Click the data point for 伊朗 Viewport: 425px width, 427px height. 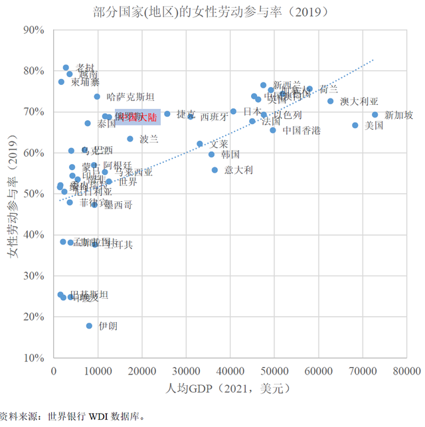(89, 325)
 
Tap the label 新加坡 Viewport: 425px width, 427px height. (398, 115)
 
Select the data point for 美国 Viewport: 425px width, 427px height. (355, 125)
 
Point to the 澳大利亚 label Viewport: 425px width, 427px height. (359, 102)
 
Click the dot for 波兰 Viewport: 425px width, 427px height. (130, 139)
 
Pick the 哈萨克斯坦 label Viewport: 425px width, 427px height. (130, 97)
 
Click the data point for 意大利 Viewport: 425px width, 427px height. (214, 170)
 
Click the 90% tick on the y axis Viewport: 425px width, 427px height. (33, 31)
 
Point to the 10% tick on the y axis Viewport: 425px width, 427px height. (33, 358)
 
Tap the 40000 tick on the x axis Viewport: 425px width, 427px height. (230, 371)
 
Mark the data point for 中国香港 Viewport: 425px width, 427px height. (273, 130)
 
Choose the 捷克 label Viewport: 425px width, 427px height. (186, 114)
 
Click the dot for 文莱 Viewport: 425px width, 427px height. (200, 143)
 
